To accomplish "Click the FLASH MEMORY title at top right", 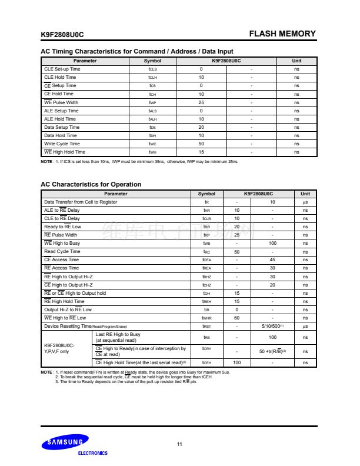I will tap(282, 34).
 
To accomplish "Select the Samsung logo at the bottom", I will tap(65, 441).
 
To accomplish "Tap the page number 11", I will tap(179, 444).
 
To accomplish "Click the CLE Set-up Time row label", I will tap(62, 69).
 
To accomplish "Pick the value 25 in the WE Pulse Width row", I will tap(201, 102).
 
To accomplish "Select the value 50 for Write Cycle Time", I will tap(201, 144).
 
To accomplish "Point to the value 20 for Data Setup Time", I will tap(201, 127).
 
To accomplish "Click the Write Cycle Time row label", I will tap(62, 144).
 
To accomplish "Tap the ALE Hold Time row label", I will tap(60, 119).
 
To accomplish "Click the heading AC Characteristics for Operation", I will tap(91, 184).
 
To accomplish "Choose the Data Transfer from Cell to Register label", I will tap(81, 202).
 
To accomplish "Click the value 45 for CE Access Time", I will tap(272, 259).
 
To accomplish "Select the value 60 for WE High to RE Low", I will tap(236, 317).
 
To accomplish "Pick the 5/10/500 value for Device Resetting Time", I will tap(272, 326).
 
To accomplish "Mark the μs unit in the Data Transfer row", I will tap(305, 202).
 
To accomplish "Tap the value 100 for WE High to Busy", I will tap(272, 243).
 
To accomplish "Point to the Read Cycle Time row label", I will tap(62, 251).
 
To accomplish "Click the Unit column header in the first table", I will tap(296, 61).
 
